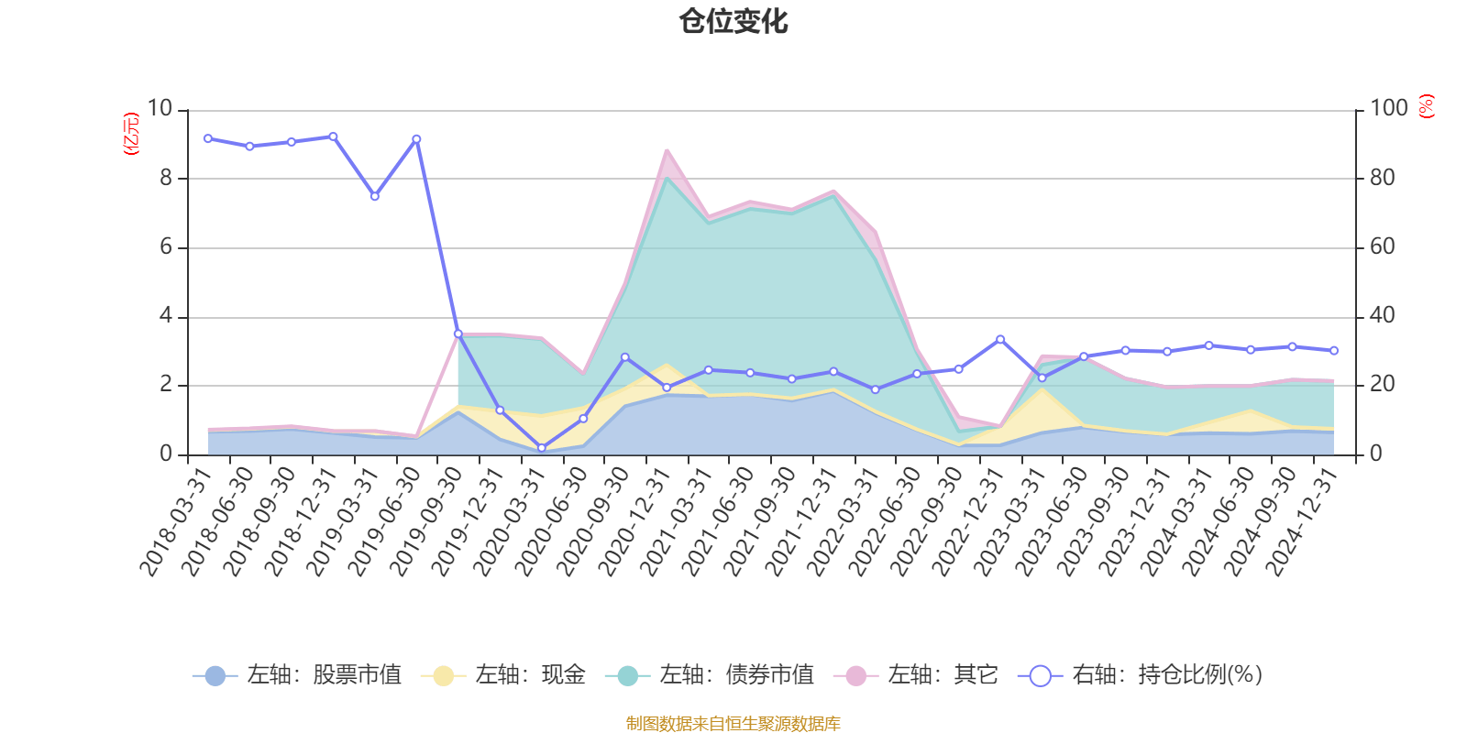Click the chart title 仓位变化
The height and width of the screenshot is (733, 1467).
click(733, 21)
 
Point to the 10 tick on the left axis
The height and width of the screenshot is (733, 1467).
click(160, 109)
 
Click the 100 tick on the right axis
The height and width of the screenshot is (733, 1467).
click(1388, 109)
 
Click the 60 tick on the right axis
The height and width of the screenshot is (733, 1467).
click(1383, 247)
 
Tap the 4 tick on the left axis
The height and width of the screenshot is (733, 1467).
click(166, 316)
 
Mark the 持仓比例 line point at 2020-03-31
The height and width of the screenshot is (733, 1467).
click(541, 448)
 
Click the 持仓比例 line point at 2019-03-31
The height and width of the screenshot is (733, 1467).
click(374, 196)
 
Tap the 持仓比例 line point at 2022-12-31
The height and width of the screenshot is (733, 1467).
click(1000, 339)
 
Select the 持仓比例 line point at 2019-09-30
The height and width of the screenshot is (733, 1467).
click(458, 334)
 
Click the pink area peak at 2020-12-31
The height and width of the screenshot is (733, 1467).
click(667, 150)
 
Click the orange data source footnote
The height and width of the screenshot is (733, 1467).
click(733, 724)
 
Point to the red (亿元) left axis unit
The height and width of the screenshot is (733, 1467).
click(131, 134)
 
